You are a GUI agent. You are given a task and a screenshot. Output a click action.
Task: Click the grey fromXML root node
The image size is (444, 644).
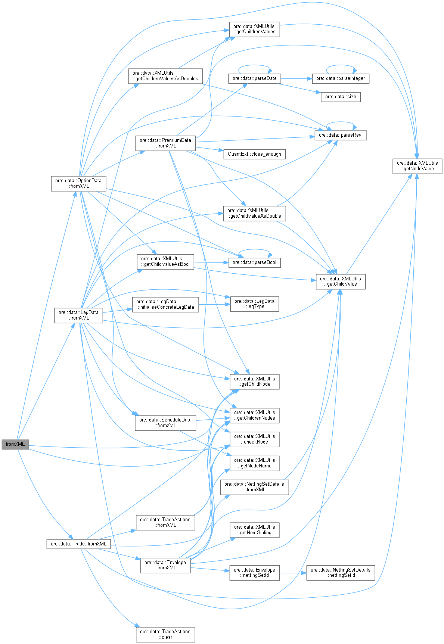point(15,444)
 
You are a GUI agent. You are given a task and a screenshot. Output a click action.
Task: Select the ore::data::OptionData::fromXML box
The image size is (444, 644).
point(78,183)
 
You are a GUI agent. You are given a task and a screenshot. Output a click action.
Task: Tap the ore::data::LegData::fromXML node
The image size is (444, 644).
point(78,315)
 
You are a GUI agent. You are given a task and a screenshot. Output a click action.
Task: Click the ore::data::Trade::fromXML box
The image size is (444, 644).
point(78,544)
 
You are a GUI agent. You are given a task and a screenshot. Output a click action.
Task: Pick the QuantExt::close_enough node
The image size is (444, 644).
point(254,154)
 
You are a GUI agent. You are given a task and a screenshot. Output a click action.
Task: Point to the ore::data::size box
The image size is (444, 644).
point(340,97)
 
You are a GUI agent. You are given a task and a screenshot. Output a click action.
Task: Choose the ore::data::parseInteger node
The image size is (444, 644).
point(340,78)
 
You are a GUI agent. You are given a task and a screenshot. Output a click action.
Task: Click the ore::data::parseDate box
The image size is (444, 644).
point(254,78)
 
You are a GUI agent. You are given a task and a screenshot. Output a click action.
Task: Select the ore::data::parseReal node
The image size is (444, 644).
point(340,135)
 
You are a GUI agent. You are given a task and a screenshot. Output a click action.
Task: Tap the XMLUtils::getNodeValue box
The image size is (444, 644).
point(417,166)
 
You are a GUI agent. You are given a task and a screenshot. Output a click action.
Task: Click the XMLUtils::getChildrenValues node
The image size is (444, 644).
point(254,29)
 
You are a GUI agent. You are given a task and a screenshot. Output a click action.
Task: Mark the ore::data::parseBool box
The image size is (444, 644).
point(254,262)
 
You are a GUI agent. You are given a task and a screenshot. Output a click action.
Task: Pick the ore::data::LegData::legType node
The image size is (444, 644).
point(254,304)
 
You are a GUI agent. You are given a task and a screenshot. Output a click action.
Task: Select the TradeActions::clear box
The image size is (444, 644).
point(165,634)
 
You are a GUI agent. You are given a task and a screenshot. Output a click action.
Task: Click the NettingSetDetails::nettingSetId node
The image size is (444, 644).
point(340,573)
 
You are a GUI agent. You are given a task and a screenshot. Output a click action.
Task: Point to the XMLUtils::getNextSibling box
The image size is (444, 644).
point(254,530)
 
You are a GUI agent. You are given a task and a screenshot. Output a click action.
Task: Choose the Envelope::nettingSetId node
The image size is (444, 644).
point(254,573)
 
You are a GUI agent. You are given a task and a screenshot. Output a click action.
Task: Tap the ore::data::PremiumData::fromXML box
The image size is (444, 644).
point(165,143)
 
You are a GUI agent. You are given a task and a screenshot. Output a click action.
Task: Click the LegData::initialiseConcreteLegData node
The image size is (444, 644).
point(165,304)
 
